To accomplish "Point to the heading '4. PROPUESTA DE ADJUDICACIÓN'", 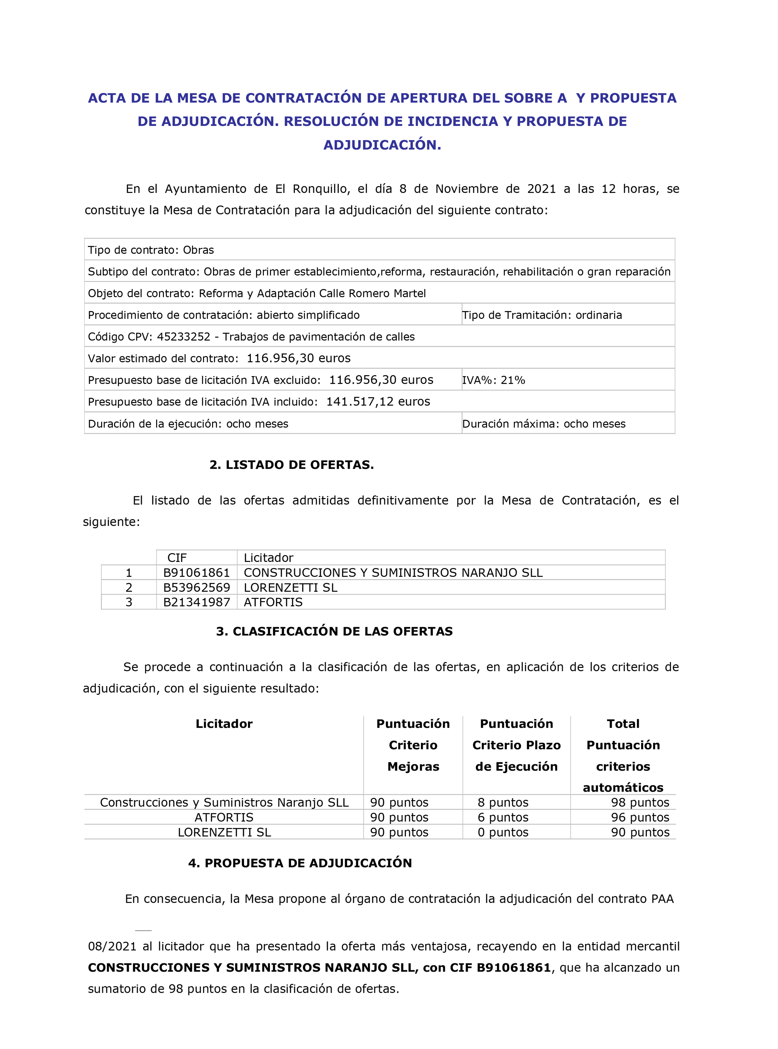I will click(300, 863).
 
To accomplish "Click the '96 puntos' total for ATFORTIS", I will click(640, 817).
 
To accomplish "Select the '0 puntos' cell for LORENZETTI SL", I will click(503, 832).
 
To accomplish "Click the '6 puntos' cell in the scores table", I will click(503, 817).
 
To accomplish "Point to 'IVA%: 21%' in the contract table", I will click(494, 380).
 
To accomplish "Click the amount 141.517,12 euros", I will click(378, 402).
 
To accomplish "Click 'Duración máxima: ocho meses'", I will click(544, 424).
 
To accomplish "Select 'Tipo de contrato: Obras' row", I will click(151, 250).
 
